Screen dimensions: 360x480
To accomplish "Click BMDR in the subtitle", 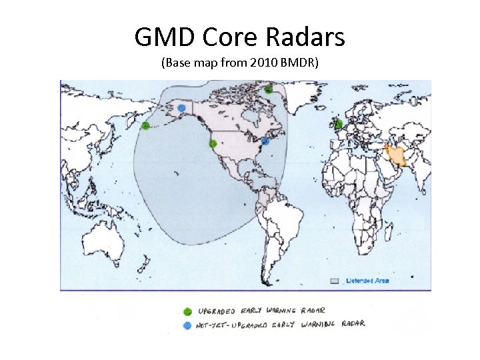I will click(300, 65).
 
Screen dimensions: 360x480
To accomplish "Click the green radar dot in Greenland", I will click(268, 89).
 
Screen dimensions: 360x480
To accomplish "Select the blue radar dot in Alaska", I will click(181, 108).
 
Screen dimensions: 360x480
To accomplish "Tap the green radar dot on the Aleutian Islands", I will click(145, 126).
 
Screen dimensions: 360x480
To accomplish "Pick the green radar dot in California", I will click(213, 143).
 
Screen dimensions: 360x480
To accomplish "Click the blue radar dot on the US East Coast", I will click(265, 141).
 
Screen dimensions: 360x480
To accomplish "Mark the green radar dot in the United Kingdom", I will click(338, 123).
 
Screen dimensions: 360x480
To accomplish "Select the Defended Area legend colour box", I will click(336, 281).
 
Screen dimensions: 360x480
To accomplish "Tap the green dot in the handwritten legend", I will click(188, 311).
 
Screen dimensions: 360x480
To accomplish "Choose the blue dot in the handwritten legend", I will click(188, 325).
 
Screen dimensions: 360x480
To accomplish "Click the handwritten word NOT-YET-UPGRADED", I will click(232, 325).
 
